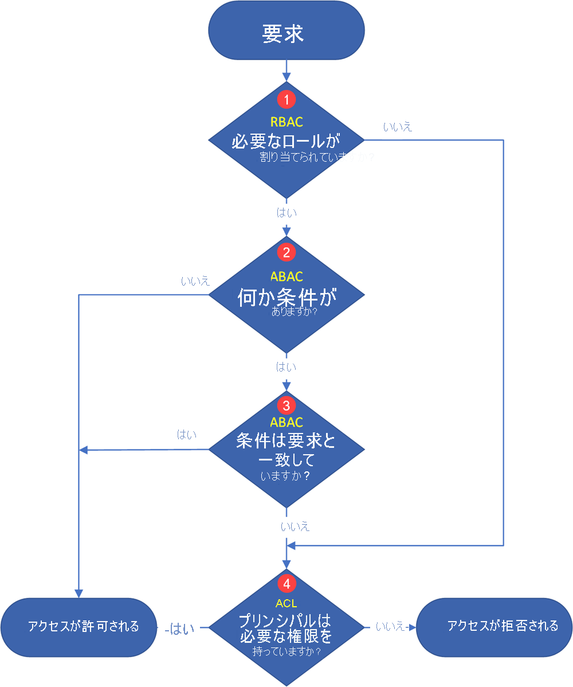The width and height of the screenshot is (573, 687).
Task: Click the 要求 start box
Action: (286, 33)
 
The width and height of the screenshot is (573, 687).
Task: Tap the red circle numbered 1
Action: (286, 99)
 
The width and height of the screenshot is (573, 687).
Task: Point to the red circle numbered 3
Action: (286, 405)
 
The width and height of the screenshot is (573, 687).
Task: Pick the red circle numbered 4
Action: (286, 584)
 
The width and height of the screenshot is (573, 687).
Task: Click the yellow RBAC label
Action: (286, 122)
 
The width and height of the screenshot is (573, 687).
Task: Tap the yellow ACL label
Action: (286, 603)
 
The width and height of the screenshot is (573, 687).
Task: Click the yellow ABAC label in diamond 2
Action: (286, 276)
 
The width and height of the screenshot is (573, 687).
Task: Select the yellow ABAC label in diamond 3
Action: (286, 423)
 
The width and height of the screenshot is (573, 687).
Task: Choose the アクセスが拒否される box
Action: (494, 626)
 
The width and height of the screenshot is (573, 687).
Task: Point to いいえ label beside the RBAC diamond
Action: (398, 127)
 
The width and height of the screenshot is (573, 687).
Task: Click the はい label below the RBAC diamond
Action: (286, 213)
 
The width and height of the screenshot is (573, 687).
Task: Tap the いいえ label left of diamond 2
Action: (195, 282)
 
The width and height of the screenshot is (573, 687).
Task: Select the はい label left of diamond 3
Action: (187, 435)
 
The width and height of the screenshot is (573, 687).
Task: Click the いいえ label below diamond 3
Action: (296, 526)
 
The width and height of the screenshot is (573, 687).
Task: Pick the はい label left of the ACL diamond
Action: (180, 629)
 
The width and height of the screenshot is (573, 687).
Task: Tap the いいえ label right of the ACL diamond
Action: (391, 627)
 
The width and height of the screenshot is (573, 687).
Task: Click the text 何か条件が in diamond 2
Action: (286, 298)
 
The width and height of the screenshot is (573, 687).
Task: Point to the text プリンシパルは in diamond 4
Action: (285, 621)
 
